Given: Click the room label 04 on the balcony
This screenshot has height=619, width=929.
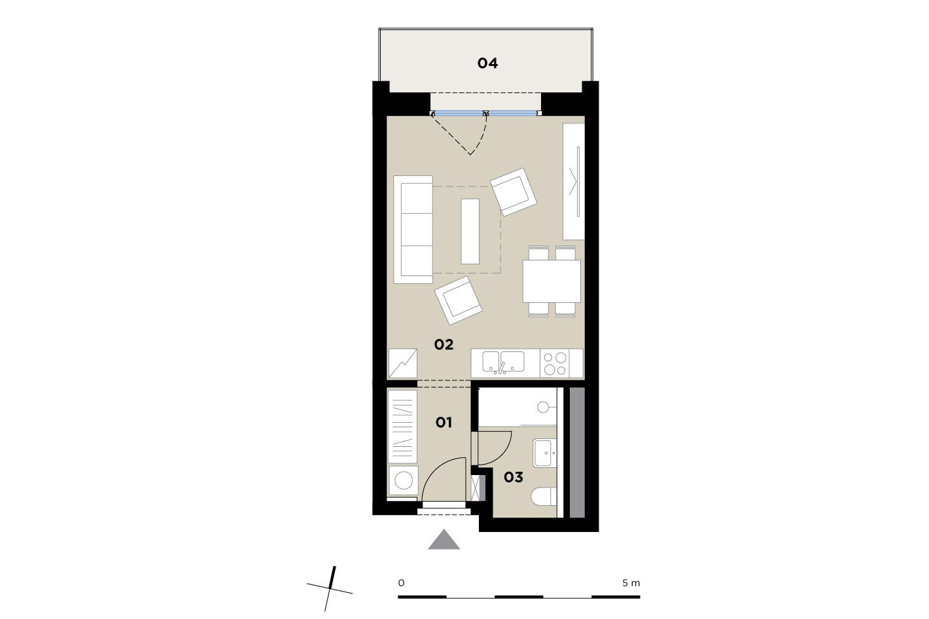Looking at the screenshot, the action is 487,63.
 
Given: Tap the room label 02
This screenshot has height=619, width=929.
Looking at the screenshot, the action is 444,344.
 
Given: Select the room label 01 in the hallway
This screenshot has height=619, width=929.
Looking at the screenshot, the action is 444,422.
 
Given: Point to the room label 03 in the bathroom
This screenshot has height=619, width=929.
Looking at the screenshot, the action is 514,477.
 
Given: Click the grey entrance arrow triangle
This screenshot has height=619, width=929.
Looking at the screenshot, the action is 444,539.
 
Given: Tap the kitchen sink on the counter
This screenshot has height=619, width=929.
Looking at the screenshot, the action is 503,363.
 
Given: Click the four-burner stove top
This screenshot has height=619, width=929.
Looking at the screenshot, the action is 555,363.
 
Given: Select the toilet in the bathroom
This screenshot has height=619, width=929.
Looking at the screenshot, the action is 544,497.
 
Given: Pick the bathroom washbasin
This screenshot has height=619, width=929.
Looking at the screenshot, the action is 545,453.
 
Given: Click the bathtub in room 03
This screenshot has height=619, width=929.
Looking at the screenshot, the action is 518,407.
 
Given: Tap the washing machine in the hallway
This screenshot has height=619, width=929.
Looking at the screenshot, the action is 403,481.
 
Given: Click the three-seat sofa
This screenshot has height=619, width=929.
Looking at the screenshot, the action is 413,230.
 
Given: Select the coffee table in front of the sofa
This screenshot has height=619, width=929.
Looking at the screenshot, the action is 470,231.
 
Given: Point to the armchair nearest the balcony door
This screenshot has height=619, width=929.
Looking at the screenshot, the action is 514,192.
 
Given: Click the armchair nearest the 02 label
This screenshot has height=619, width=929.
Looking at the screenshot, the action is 458,300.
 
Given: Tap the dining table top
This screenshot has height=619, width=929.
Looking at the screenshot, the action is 552,281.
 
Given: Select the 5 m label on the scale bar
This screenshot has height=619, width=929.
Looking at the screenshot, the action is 631,583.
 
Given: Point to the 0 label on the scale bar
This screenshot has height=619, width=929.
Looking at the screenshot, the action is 401,583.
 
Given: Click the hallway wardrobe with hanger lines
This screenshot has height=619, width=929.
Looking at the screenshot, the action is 402,427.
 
